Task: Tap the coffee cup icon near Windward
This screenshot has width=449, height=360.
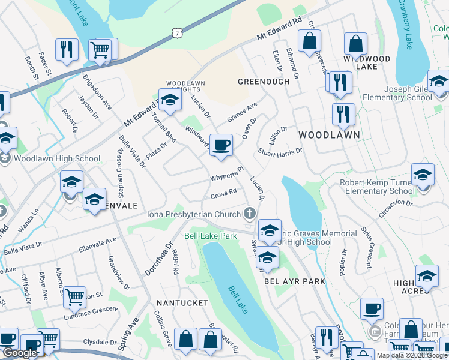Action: [x=221, y=145]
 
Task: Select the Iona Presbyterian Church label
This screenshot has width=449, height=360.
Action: [x=194, y=214]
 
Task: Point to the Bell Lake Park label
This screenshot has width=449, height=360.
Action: [x=211, y=236]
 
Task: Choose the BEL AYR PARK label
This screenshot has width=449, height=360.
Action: [x=294, y=281]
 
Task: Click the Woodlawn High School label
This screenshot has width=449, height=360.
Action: [x=56, y=159]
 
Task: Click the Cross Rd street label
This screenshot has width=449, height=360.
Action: [x=223, y=194]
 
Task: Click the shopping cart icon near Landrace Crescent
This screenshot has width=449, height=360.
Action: [x=74, y=295]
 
